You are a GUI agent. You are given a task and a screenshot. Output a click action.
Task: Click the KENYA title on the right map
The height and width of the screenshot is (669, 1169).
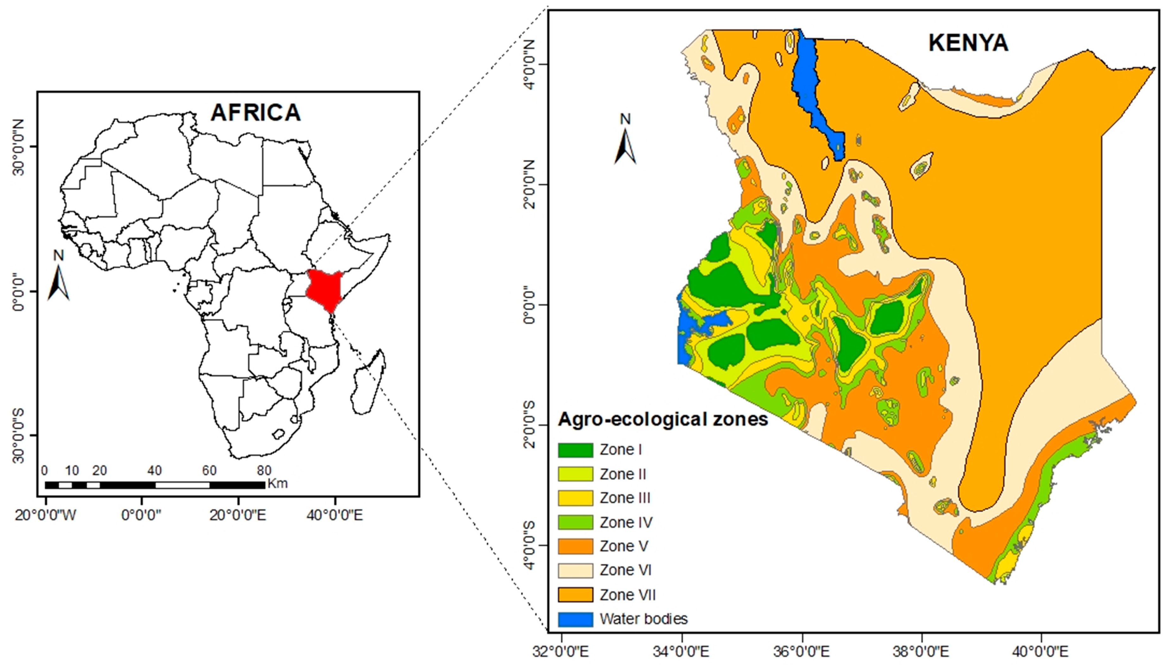coord(968,43)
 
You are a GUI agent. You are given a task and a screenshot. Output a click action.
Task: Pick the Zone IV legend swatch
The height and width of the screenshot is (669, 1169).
coord(575,522)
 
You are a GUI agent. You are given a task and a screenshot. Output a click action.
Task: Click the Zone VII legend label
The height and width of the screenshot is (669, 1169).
coord(627,595)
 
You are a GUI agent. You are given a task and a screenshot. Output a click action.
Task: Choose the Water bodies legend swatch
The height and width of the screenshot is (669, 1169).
coord(575,619)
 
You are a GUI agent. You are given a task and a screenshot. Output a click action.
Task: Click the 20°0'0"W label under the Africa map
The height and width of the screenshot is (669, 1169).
coord(46,515)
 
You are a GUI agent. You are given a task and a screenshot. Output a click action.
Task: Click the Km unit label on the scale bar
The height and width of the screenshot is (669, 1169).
coord(277,483)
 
